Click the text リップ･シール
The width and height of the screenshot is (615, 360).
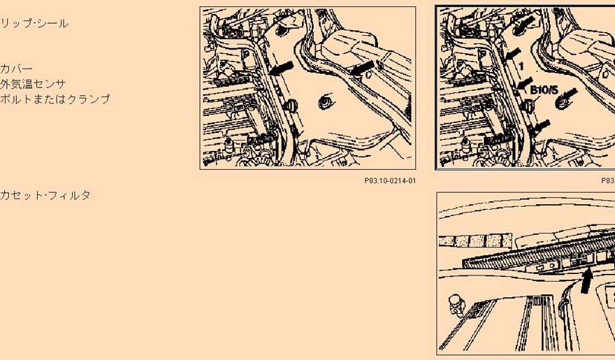[x=34, y=24]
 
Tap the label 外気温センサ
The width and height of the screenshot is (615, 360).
[x=33, y=84]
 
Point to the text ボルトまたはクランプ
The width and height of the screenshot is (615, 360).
[x=55, y=99]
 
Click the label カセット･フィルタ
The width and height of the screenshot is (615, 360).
[x=45, y=195]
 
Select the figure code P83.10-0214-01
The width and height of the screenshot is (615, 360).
[x=390, y=181]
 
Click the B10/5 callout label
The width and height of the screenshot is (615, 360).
[x=544, y=90]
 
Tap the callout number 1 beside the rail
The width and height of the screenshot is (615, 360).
[x=521, y=66]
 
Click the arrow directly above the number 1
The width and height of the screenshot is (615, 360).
[x=513, y=53]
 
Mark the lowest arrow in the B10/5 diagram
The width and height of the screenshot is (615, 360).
[x=540, y=126]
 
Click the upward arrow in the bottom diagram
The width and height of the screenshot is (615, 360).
[x=586, y=280]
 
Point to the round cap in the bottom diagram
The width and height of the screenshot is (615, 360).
[x=456, y=304]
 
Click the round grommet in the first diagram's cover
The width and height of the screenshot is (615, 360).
[x=325, y=103]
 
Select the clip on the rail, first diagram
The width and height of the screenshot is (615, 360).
[x=291, y=106]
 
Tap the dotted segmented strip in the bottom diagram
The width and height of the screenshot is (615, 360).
[x=475, y=240]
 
